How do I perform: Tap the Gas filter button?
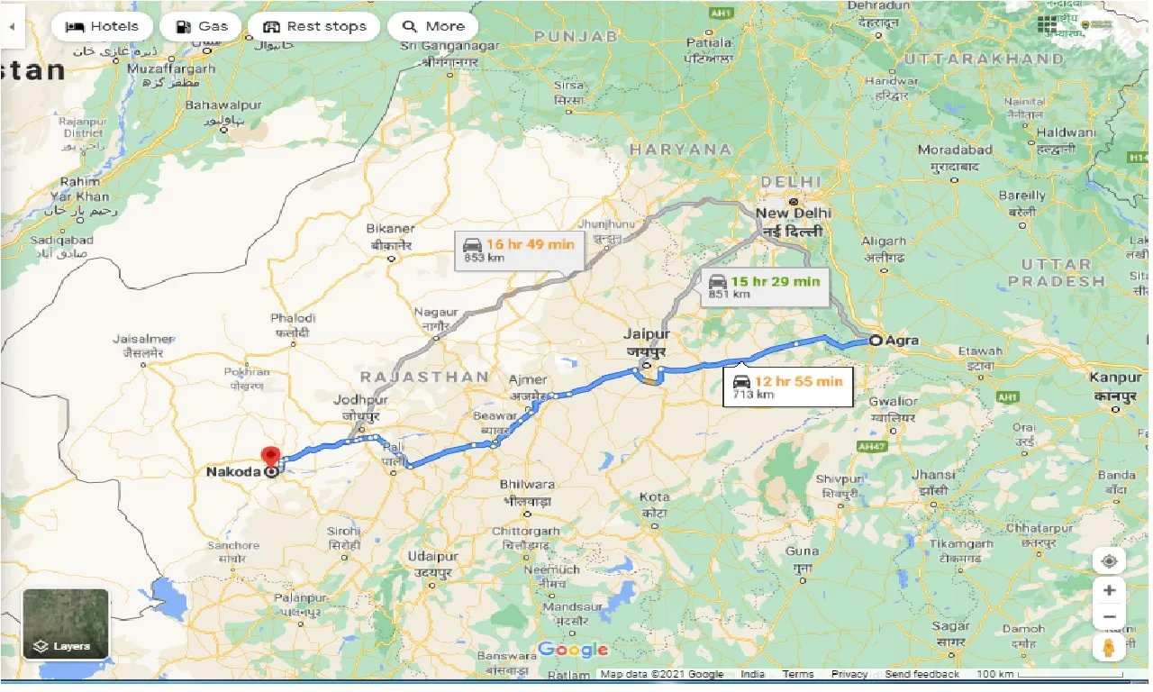pos(201,26)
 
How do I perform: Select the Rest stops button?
pos(314,26)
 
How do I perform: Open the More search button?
pos(432,26)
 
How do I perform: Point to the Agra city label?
pos(902,340)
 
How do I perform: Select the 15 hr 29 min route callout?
pos(765,287)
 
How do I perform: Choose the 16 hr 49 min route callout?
pos(520,250)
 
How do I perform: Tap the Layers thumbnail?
pos(66,624)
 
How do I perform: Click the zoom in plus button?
pos(1109,590)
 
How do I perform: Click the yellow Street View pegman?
pos(1109,647)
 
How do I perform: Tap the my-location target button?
pos(1109,560)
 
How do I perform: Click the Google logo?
pos(573,650)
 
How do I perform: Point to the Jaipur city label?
pos(646,334)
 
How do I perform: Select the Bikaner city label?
pos(392,229)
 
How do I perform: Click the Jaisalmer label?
pos(142,339)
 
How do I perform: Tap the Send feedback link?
pos(923,674)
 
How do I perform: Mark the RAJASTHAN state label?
pos(423,377)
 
